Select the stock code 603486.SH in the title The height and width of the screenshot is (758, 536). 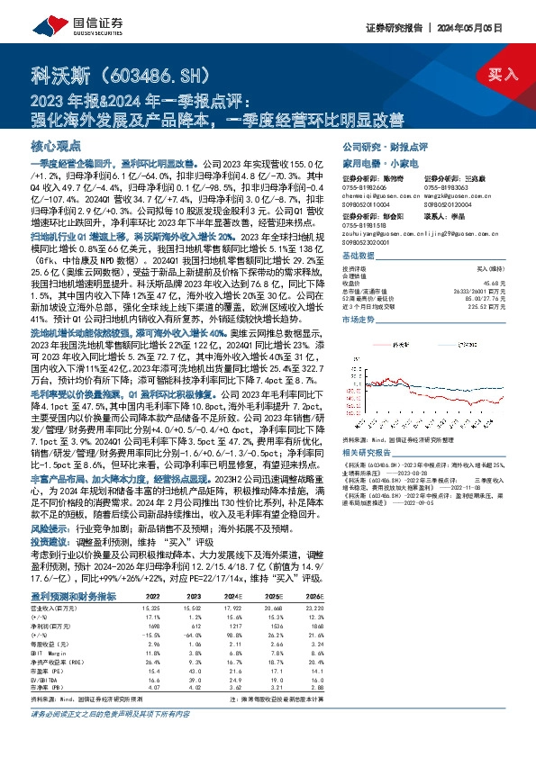[x=154, y=74]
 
